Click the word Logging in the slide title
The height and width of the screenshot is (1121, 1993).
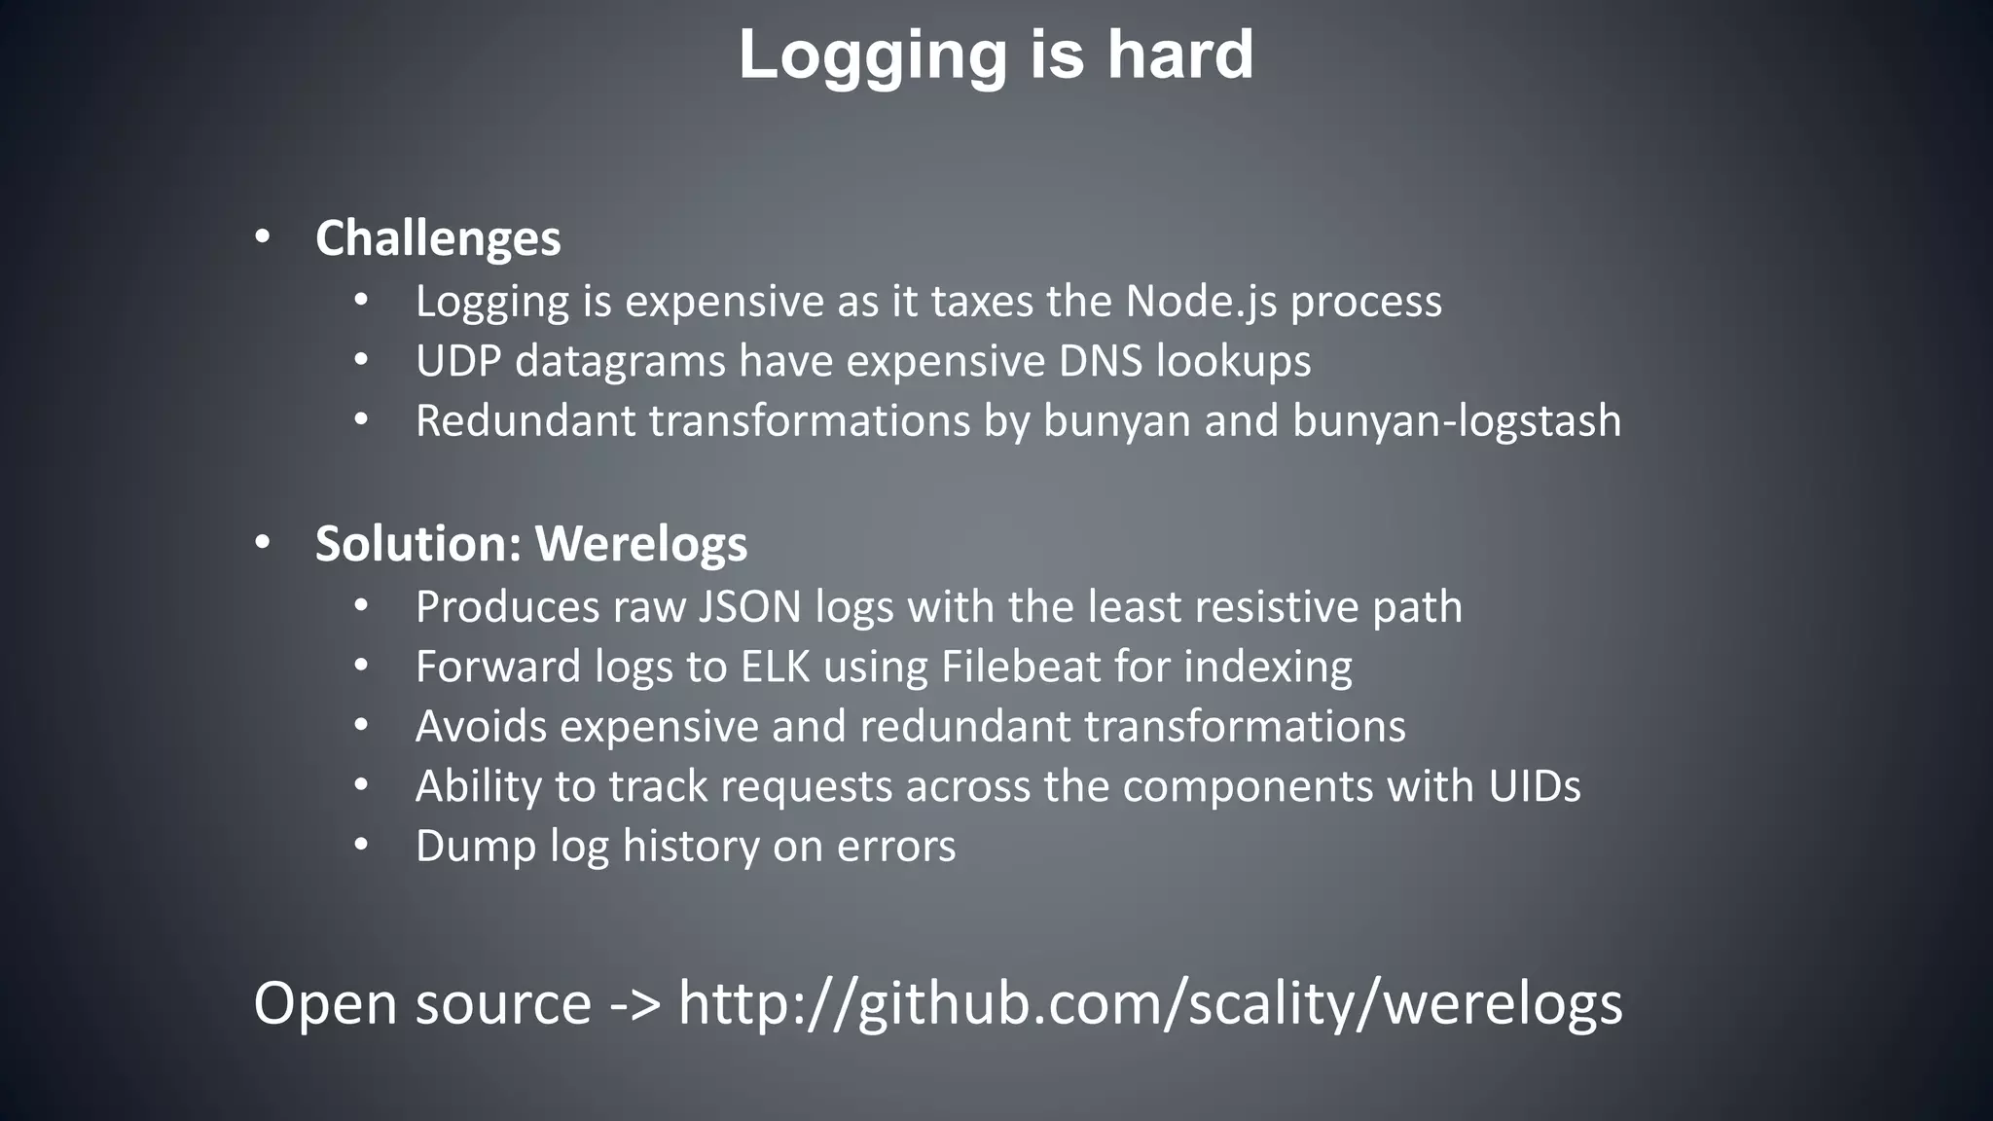coord(872,56)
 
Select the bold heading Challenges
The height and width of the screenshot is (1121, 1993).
coord(438,238)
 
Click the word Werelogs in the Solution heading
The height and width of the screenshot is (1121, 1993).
coord(641,543)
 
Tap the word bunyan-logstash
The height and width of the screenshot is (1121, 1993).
coord(1457,421)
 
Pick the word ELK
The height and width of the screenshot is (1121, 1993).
coord(775,667)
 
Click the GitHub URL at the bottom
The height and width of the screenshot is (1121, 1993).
coord(1150,1003)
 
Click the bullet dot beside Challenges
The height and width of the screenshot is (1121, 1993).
coord(262,237)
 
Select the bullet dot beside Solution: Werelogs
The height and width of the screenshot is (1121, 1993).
coord(262,543)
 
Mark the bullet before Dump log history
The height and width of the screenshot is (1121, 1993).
coord(361,845)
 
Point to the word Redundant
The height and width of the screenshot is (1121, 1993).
coord(525,421)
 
